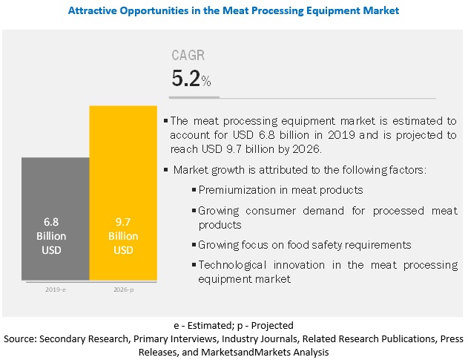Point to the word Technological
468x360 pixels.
tap(234, 265)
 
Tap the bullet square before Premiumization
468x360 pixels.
tap(194, 191)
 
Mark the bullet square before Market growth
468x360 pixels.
tap(166, 170)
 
